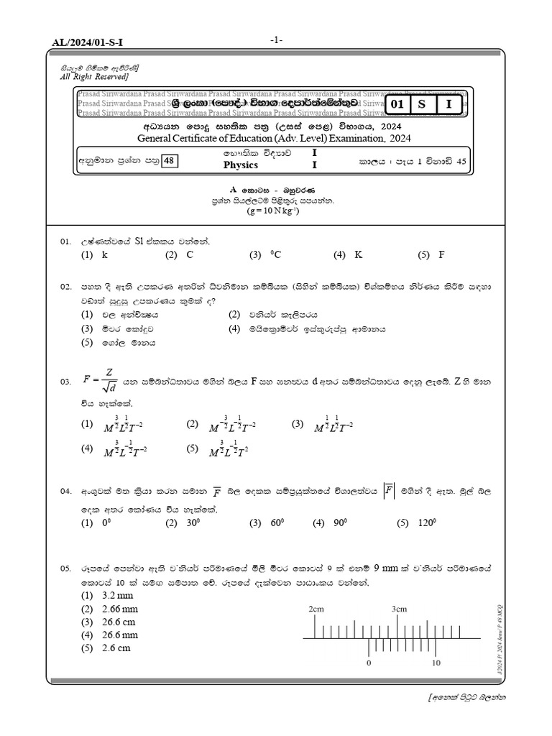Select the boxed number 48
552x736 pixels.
(x=170, y=161)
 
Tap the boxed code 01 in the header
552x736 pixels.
(x=397, y=104)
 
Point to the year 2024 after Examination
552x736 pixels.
(x=400, y=138)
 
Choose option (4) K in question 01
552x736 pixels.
(x=349, y=254)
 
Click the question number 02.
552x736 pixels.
(x=66, y=287)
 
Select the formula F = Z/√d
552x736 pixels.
(x=100, y=379)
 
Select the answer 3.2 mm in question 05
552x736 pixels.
(x=98, y=596)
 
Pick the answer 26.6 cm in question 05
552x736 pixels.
(x=98, y=622)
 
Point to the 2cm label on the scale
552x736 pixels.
(x=316, y=609)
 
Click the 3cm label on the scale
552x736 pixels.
(x=399, y=609)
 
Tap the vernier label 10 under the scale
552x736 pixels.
(x=436, y=663)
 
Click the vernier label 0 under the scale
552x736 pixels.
(x=369, y=663)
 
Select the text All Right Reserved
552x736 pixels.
(x=95, y=76)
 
